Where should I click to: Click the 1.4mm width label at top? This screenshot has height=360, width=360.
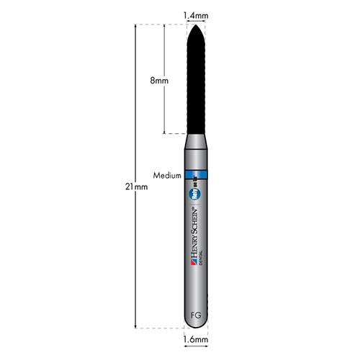click(x=196, y=13)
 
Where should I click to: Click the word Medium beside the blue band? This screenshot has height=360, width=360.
click(x=167, y=175)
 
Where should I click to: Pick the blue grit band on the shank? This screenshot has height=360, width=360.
click(x=196, y=175)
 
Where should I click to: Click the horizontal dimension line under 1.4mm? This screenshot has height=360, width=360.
click(x=196, y=20)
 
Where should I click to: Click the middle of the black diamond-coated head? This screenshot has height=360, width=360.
click(x=196, y=79)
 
